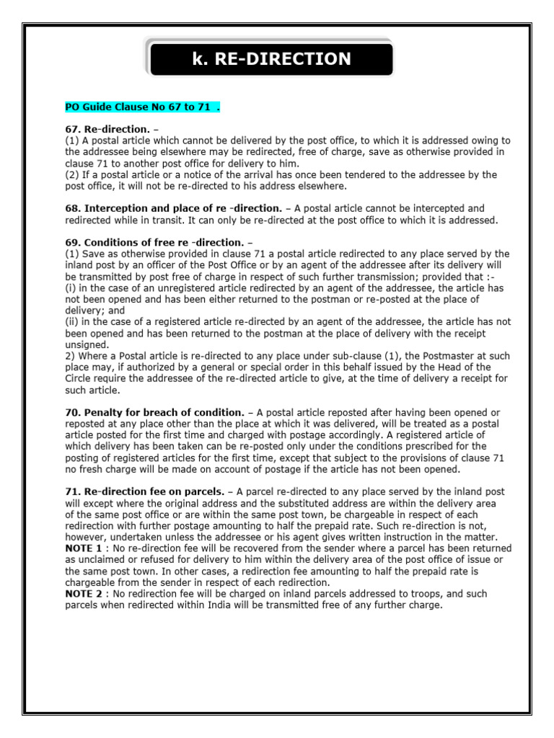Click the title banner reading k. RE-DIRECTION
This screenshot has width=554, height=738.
click(271, 59)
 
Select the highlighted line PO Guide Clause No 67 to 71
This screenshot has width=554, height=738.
click(141, 107)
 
